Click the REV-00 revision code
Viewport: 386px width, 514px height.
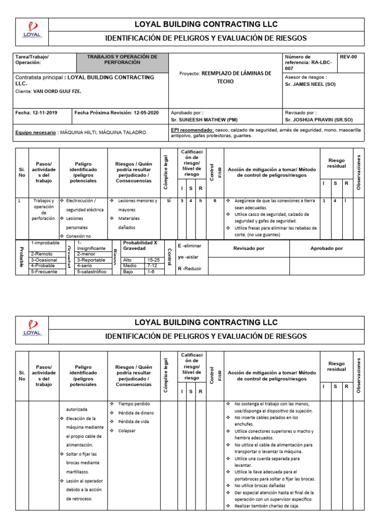click(348, 57)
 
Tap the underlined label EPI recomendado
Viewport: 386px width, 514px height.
click(191, 130)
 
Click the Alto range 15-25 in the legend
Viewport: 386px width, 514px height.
click(153, 260)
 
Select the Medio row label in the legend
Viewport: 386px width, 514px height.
click(130, 266)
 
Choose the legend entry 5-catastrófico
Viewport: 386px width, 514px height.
click(92, 272)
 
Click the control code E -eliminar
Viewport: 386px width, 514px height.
click(189, 246)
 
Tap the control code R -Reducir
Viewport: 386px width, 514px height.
click(189, 269)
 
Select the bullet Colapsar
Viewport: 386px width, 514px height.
click(127, 431)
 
